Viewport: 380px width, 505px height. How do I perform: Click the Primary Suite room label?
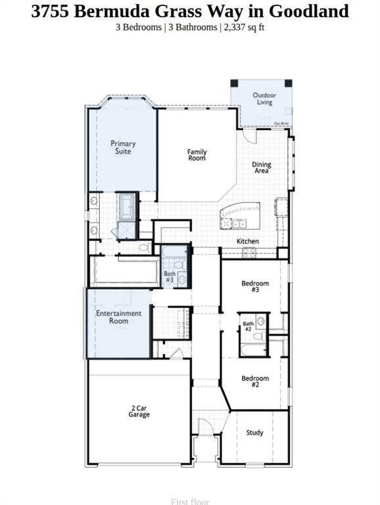(123, 147)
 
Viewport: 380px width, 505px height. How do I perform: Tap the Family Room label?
(197, 155)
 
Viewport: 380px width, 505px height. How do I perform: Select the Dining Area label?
(262, 168)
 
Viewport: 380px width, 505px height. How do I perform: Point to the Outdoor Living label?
(264, 99)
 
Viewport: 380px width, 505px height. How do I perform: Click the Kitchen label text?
(248, 241)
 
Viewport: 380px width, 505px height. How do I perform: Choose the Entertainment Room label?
(119, 317)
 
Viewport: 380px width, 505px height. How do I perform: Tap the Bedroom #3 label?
(254, 287)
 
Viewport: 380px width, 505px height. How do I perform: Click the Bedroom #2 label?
(254, 381)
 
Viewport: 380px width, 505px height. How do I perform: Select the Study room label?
(254, 433)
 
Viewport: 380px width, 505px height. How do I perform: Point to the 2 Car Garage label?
(139, 412)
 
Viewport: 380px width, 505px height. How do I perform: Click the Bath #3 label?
(170, 277)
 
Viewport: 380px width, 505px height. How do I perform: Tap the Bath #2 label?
(248, 326)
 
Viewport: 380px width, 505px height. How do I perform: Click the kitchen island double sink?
(233, 223)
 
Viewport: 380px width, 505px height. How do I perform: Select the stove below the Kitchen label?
(250, 252)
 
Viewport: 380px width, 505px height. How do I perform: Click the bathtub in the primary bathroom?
(126, 207)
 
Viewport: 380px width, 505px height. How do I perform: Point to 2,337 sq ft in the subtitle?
(245, 27)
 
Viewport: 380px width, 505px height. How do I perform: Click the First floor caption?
(190, 502)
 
